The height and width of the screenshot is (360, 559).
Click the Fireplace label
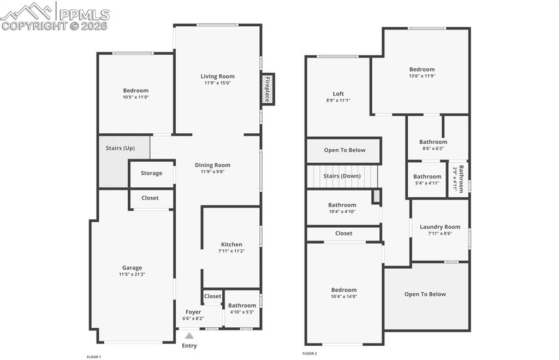[x=267, y=89]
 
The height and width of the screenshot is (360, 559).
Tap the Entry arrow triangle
[x=189, y=336]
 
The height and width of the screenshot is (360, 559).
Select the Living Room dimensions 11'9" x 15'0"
[x=217, y=83]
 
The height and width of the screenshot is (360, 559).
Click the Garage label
[x=132, y=268]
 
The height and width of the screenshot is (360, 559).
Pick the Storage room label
[x=151, y=173]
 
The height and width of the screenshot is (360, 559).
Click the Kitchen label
[x=231, y=244]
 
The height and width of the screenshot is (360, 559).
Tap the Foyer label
[x=193, y=312]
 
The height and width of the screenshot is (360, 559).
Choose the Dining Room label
[x=212, y=165]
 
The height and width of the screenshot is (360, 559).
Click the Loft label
[x=338, y=93]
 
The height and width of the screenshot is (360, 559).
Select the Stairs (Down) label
[x=342, y=176]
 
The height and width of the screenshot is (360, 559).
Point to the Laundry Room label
[x=440, y=227]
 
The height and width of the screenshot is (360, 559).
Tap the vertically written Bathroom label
[x=461, y=179]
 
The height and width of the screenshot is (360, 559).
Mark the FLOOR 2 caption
[x=310, y=353]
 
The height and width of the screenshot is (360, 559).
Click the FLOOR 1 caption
[x=94, y=357]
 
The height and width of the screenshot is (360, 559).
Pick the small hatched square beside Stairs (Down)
[x=376, y=196]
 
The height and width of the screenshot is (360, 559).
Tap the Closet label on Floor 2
[x=343, y=233]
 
